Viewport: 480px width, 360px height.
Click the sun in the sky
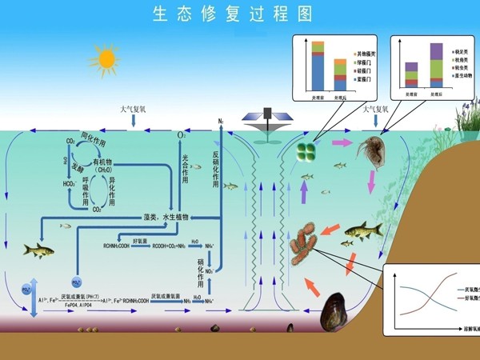tap(105, 58)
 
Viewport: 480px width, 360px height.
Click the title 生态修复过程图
tap(233, 14)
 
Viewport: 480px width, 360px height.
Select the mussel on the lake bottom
tap(334, 314)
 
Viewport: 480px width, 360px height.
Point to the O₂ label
tap(182, 136)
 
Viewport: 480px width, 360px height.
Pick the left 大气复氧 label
tap(135, 108)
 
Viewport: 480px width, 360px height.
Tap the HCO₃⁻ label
tap(71, 183)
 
